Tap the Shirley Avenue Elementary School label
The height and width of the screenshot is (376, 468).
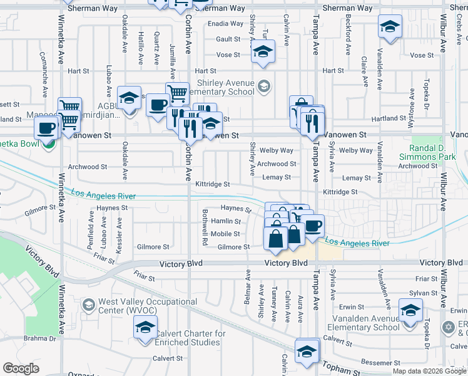click(x=226, y=87)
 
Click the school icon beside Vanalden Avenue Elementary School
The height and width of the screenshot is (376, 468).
click(x=410, y=311)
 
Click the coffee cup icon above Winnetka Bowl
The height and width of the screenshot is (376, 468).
click(x=45, y=128)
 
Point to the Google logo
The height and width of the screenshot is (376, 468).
click(x=21, y=368)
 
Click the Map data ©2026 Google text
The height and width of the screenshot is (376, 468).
click(x=429, y=371)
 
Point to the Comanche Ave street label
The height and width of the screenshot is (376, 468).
click(x=44, y=81)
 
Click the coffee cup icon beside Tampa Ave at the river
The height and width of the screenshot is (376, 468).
click(x=313, y=226)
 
